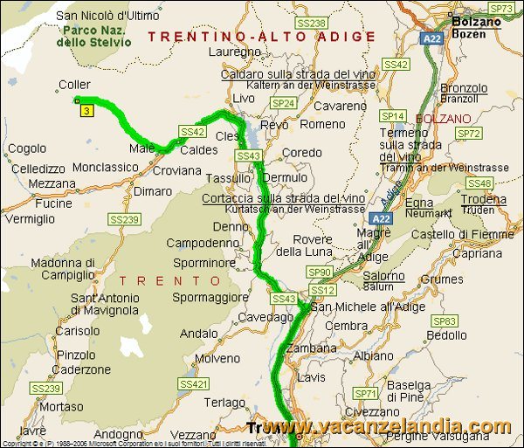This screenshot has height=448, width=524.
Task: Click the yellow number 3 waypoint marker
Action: tap(86, 111)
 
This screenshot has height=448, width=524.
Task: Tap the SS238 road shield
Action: tap(311, 24)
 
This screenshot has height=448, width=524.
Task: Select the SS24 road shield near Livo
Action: tap(284, 103)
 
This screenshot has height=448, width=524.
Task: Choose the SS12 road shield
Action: tap(322, 290)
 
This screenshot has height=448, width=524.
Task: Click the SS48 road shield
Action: tap(479, 183)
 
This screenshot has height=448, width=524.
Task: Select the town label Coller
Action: tap(74, 85)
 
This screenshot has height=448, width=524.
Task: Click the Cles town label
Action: tap(227, 136)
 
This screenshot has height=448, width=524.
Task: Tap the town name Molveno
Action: tap(217, 358)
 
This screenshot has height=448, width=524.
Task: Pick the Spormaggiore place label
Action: tap(209, 297)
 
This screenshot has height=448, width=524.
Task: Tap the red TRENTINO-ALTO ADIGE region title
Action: tap(261, 37)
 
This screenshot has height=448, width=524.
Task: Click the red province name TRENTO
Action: tap(171, 280)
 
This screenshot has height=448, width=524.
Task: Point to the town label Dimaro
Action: tap(153, 190)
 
